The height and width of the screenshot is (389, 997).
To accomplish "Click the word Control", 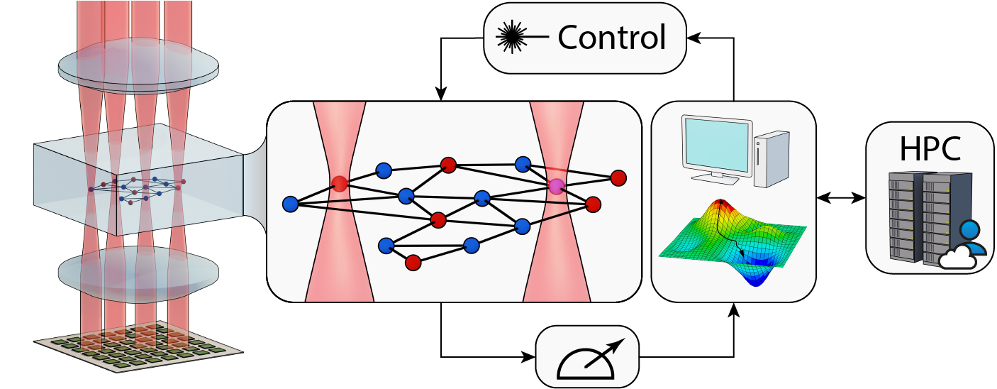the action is [x=611, y=38].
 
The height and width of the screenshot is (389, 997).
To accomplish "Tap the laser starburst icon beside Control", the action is [x=512, y=37].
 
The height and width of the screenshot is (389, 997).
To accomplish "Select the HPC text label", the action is [x=930, y=148].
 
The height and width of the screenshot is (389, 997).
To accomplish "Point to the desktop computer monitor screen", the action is [x=717, y=147].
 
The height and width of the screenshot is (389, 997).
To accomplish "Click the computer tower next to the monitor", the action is [x=772, y=158].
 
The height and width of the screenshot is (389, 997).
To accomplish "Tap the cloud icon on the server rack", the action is [x=958, y=259].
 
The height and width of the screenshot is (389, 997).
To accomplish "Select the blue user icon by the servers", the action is [x=973, y=238].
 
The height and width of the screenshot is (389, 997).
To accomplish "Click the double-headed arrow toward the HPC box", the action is [x=841, y=197].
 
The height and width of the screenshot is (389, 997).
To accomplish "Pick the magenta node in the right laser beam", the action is [x=557, y=186].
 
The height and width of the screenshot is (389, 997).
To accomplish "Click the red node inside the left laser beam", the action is [x=340, y=184].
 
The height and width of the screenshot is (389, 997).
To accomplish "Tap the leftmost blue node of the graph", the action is [x=291, y=204].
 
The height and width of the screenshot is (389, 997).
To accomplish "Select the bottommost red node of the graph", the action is [x=413, y=263].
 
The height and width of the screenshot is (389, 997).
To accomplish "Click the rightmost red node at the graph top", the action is [x=618, y=177].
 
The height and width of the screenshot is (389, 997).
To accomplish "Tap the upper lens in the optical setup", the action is [x=138, y=66].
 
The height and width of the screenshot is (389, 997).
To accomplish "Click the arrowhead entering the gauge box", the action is [x=529, y=356].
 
